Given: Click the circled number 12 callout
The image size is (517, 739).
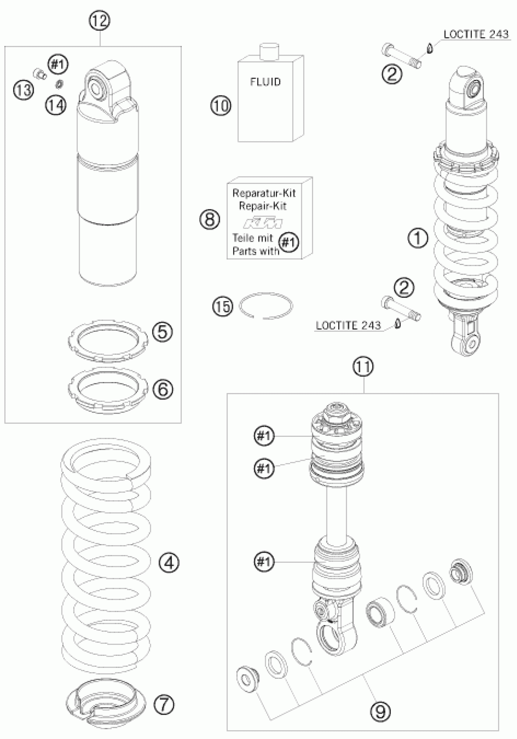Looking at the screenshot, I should [x=100, y=21].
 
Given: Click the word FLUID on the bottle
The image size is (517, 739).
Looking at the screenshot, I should [x=265, y=82].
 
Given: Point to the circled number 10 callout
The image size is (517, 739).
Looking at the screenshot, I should [x=221, y=105].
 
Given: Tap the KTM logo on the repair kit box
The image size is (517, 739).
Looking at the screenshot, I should [x=263, y=223].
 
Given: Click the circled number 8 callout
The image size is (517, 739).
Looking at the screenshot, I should [x=210, y=220].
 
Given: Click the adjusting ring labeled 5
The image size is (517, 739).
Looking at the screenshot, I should [x=109, y=340].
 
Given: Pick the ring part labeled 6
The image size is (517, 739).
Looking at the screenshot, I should [x=109, y=389].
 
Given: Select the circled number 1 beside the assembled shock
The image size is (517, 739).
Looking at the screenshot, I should [x=418, y=239].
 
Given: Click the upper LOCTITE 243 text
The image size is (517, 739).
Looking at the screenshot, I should [x=476, y=34].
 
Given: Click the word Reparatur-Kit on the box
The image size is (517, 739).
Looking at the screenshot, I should [x=264, y=193].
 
